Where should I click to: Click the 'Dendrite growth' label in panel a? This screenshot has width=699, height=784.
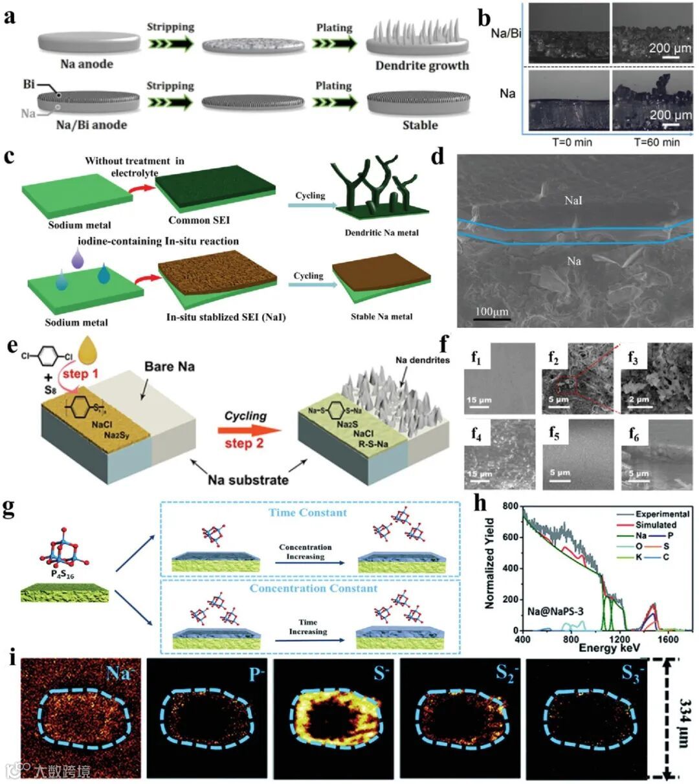pos(422,65)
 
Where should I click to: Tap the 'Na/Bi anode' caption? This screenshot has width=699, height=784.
pos(91,125)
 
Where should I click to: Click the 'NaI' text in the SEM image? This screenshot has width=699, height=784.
pos(573,201)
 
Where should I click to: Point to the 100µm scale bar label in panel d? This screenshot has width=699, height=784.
pos(492,312)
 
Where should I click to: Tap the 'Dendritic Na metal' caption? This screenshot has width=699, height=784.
pos(381,232)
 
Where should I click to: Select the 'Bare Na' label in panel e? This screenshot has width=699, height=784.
pos(169,367)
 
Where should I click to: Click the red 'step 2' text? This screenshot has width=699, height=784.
pos(244,443)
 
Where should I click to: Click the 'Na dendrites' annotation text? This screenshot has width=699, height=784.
pos(422,360)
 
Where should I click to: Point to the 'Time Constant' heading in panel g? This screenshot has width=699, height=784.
pos(307,512)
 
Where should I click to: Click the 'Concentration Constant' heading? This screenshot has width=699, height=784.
pos(313,588)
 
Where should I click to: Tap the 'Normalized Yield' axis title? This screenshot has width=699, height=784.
pos(490,563)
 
